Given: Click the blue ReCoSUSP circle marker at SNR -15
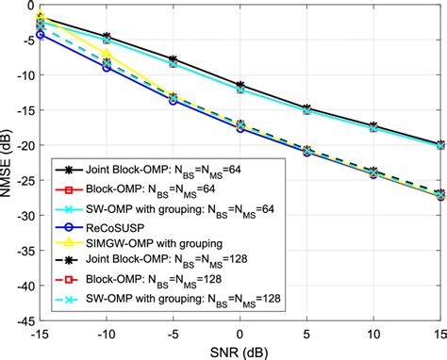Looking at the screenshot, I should (40, 35).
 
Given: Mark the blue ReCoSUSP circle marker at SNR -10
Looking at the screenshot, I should (107, 68).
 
